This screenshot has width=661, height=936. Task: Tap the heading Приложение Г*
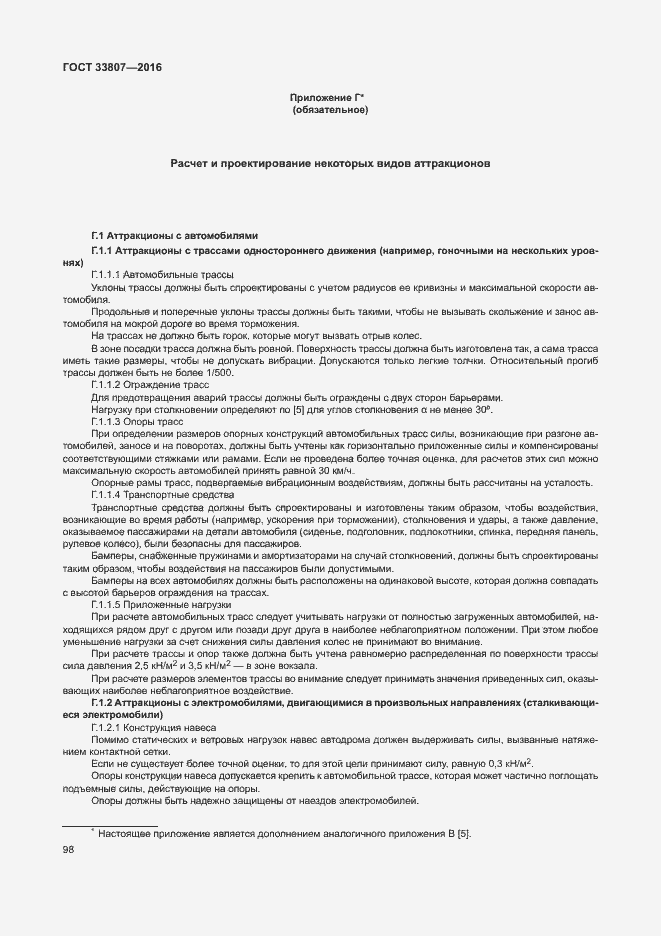(330, 97)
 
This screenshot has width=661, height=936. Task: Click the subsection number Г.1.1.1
(105, 274)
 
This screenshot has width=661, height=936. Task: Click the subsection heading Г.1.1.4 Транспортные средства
(162, 495)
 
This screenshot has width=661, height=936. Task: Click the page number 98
(69, 850)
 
